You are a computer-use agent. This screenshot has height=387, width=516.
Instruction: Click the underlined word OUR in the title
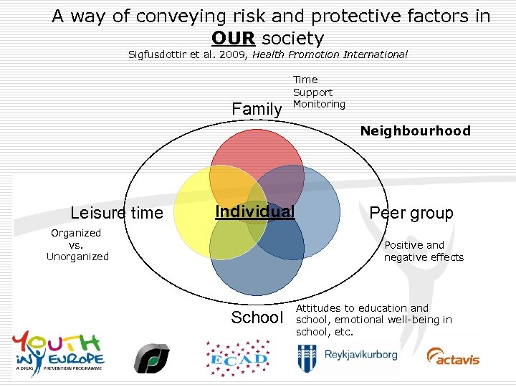(233, 38)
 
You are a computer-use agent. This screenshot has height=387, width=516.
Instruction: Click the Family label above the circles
(257, 110)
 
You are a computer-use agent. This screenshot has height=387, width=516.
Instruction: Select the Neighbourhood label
(415, 131)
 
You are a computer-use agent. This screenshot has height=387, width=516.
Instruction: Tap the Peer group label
(411, 213)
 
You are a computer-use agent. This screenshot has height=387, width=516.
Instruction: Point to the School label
(257, 317)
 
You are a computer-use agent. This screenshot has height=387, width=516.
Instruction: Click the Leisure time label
(117, 213)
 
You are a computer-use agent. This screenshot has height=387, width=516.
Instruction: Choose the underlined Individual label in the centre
(255, 211)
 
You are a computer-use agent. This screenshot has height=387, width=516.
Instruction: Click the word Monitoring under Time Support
(319, 104)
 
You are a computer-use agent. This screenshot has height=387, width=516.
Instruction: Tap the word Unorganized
(77, 257)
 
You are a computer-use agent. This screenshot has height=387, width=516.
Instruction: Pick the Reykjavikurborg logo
(349, 355)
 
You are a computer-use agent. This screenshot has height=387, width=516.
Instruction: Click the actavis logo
(453, 355)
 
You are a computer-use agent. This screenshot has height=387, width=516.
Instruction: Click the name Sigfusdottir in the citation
(157, 54)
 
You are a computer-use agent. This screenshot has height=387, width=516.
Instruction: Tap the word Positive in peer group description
(404, 245)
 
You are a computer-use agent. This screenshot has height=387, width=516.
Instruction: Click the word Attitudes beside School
(321, 308)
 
